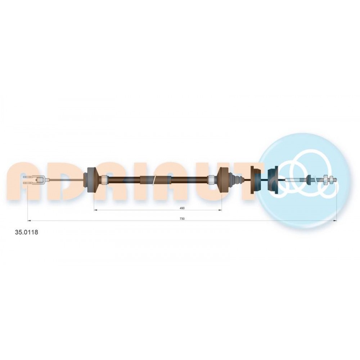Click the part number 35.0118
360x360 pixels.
[x=26, y=232]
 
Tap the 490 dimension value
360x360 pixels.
[x=182, y=208]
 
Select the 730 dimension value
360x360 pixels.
[x=182, y=219]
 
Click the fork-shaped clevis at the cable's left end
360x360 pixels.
[x=35, y=180]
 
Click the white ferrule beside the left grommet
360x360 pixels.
[x=104, y=180]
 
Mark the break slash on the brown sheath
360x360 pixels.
[x=154, y=180]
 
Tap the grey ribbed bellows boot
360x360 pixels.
[x=236, y=180]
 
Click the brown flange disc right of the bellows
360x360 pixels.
[x=255, y=180]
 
